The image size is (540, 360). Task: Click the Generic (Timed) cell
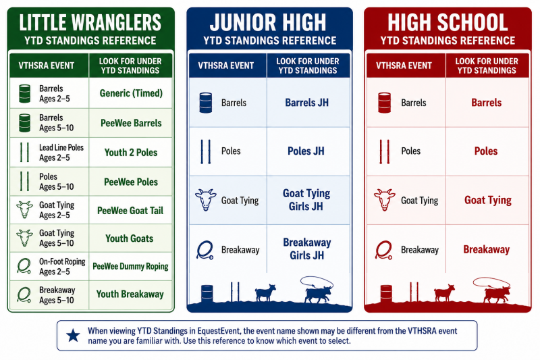pyautogui.click(x=131, y=93)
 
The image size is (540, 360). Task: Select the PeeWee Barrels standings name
pyautogui.click(x=131, y=123)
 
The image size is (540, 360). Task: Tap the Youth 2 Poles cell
pyautogui.click(x=131, y=152)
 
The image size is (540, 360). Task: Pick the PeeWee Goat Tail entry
pyautogui.click(x=130, y=211)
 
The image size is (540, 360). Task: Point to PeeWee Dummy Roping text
pyautogui.click(x=130, y=266)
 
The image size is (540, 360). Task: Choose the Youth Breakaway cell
pyautogui.click(x=130, y=294)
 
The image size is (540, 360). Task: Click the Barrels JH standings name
pyautogui.click(x=307, y=103)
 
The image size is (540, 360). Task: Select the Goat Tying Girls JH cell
pyautogui.click(x=306, y=200)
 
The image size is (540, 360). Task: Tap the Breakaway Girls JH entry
pyautogui.click(x=307, y=249)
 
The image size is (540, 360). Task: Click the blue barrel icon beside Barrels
pyautogui.click(x=206, y=103)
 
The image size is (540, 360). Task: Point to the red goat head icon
pyautogui.click(x=385, y=199)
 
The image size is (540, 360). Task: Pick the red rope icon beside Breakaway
pyautogui.click(x=383, y=250)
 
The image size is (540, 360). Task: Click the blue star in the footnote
pyautogui.click(x=73, y=335)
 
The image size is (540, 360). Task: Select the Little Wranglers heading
pyautogui.click(x=90, y=23)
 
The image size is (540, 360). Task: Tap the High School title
pyautogui.click(x=448, y=23)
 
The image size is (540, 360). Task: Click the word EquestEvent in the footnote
pyautogui.click(x=218, y=331)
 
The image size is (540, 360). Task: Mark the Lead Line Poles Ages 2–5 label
pyautogui.click(x=61, y=153)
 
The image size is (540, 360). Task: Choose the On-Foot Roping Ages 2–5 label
pyautogui.click(x=62, y=267)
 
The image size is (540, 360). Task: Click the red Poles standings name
pyautogui.click(x=486, y=151)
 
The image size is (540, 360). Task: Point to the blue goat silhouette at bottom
pyautogui.click(x=265, y=293)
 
